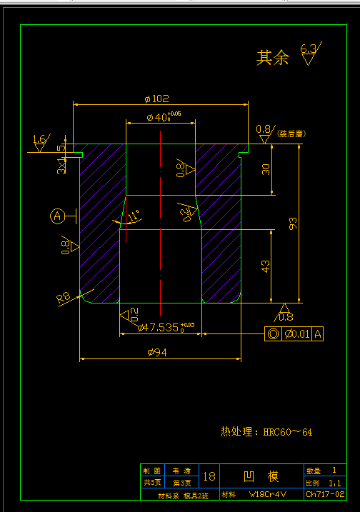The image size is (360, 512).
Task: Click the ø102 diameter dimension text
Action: [x=156, y=99]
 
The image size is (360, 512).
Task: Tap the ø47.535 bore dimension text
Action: [x=161, y=327]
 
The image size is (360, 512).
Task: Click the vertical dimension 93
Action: [x=293, y=224]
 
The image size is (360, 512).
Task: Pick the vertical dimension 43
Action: [x=266, y=266]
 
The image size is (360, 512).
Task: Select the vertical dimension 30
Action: [x=266, y=169]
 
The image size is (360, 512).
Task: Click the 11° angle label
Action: [x=134, y=213]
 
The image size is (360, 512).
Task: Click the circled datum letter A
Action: [x=57, y=214]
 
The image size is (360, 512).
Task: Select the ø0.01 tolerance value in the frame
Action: [x=297, y=333]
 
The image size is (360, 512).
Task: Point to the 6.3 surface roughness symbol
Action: [x=309, y=49]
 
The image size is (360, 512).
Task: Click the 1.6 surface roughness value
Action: [x=39, y=139]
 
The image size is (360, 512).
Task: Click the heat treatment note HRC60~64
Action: [x=266, y=431]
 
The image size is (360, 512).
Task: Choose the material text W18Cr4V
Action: [x=267, y=493]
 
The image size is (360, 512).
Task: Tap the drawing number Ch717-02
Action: [x=325, y=493]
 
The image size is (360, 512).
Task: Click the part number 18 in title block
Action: [x=209, y=476]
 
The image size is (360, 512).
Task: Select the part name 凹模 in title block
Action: [x=261, y=476]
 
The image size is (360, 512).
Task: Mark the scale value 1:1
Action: [x=333, y=483]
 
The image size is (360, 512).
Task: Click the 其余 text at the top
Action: [x=273, y=59]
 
